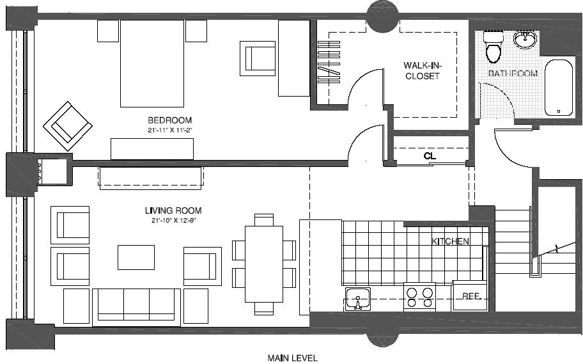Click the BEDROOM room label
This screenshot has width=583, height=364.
169,120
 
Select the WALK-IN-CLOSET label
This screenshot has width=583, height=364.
421,70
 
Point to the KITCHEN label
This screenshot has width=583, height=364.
450,241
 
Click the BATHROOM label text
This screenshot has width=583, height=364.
513,74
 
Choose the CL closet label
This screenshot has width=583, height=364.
430,155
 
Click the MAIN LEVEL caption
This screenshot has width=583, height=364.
292,358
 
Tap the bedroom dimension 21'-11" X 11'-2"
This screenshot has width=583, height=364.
169,131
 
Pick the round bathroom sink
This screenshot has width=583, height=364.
525,40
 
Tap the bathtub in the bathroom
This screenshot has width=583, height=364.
559,88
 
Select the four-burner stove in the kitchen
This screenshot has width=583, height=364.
419,297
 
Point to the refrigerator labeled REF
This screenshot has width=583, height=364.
472,296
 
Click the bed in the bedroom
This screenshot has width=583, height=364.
152,63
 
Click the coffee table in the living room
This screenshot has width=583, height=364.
136,257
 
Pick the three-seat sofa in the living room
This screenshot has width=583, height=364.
136,306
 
